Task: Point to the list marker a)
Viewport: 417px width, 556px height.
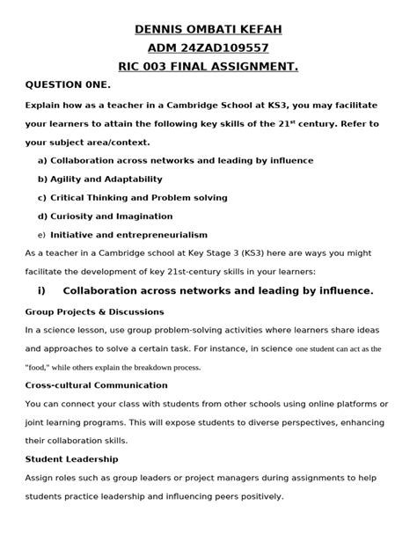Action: tap(41, 161)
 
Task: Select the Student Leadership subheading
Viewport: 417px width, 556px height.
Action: tap(71, 459)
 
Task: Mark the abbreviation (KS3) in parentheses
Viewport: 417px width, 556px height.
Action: tap(253, 253)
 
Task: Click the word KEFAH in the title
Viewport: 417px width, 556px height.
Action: tap(259, 31)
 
